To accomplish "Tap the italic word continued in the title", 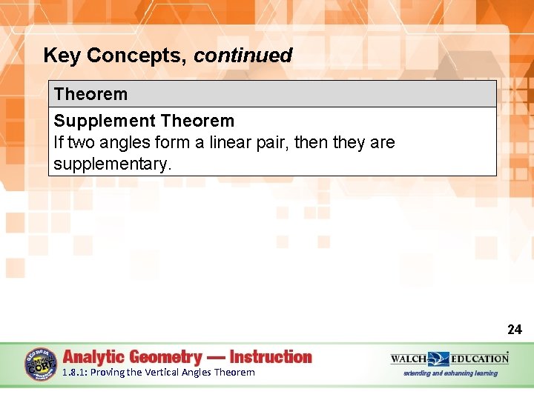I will (x=243, y=56).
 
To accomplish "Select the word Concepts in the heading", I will (x=133, y=56).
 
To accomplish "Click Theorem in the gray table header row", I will (x=90, y=94).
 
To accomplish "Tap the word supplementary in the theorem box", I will (x=112, y=164).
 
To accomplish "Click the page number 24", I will (x=514, y=330).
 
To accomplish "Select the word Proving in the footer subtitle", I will (x=107, y=373).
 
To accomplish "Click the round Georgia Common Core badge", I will (x=40, y=364).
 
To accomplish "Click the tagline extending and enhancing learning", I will (x=450, y=373).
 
